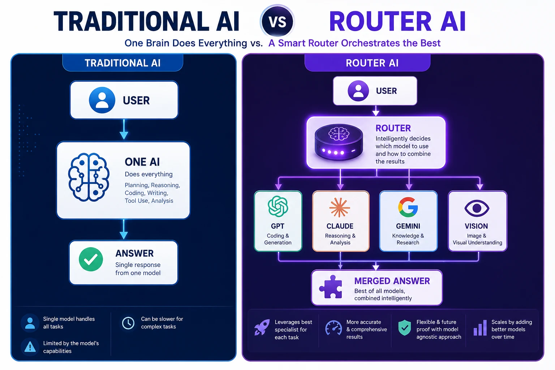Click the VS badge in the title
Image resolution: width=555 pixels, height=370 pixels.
tap(277, 22)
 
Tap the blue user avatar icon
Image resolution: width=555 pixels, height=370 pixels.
tap(102, 100)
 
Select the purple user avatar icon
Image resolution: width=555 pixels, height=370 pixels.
tap(358, 91)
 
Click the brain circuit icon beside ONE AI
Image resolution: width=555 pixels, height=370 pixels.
tap(89, 177)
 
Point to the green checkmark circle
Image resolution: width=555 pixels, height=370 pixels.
tap(91, 259)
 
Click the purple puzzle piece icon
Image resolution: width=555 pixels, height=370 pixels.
tap(331, 287)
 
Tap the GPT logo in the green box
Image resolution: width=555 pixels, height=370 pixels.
tap(278, 206)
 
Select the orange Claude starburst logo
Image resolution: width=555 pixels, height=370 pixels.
tap(340, 207)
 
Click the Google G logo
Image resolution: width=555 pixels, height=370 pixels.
tap(408, 207)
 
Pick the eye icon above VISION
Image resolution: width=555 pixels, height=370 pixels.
tap(477, 208)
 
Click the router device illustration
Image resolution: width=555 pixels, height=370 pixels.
tap(339, 142)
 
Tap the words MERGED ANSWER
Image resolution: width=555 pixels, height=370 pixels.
tap(392, 281)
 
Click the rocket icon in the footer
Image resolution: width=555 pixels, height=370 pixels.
tap(262, 327)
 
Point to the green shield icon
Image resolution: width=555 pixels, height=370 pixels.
tap(405, 328)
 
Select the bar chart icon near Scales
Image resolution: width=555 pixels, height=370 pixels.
tap(480, 328)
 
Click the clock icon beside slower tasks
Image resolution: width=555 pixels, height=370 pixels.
tap(128, 323)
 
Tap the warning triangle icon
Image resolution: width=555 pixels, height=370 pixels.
tap(30, 347)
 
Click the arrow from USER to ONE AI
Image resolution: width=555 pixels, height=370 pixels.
tap(124, 129)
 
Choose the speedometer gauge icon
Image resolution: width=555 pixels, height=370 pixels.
tap(333, 328)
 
